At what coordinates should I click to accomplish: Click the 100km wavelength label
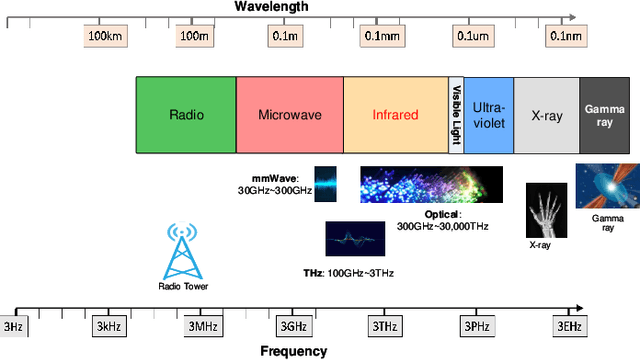[x=105, y=36]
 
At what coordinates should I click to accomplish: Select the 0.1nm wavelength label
[x=564, y=36]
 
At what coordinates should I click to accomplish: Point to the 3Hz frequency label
[x=13, y=326]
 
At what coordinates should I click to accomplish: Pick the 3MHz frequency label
[x=198, y=326]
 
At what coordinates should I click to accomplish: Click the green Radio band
[x=186, y=115]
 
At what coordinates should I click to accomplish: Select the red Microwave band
[x=290, y=115]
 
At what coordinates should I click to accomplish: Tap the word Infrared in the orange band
[x=395, y=115]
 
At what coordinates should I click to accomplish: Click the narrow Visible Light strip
[x=455, y=115]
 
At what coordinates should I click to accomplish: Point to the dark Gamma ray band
[x=606, y=115]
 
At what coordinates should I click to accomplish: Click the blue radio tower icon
[x=181, y=250]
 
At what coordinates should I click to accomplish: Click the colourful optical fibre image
[x=431, y=185]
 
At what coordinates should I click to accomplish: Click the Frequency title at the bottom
[x=293, y=351]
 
